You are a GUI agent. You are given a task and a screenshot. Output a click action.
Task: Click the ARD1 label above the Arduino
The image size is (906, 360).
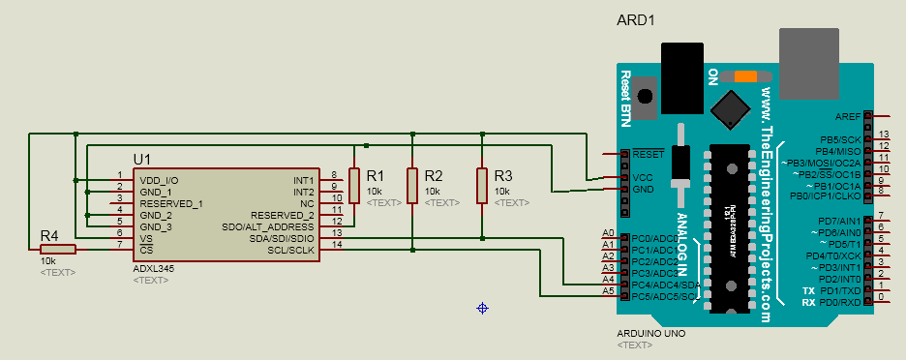click(x=636, y=20)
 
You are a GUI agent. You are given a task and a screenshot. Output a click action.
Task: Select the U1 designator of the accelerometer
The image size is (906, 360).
click(x=143, y=159)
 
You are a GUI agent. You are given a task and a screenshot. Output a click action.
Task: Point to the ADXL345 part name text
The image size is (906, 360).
click(x=152, y=268)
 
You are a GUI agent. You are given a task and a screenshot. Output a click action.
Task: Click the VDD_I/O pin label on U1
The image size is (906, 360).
click(x=159, y=180)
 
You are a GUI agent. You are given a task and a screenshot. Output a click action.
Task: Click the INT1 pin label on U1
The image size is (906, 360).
click(x=304, y=180)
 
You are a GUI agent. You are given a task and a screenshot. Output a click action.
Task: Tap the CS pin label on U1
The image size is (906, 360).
click(x=146, y=250)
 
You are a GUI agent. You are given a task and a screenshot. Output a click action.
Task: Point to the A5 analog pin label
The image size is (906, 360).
click(x=608, y=291)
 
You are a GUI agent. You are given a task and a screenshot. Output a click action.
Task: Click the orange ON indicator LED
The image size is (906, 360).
click(x=746, y=76)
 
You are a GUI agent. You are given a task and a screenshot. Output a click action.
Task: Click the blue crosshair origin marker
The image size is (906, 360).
click(x=481, y=308)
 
